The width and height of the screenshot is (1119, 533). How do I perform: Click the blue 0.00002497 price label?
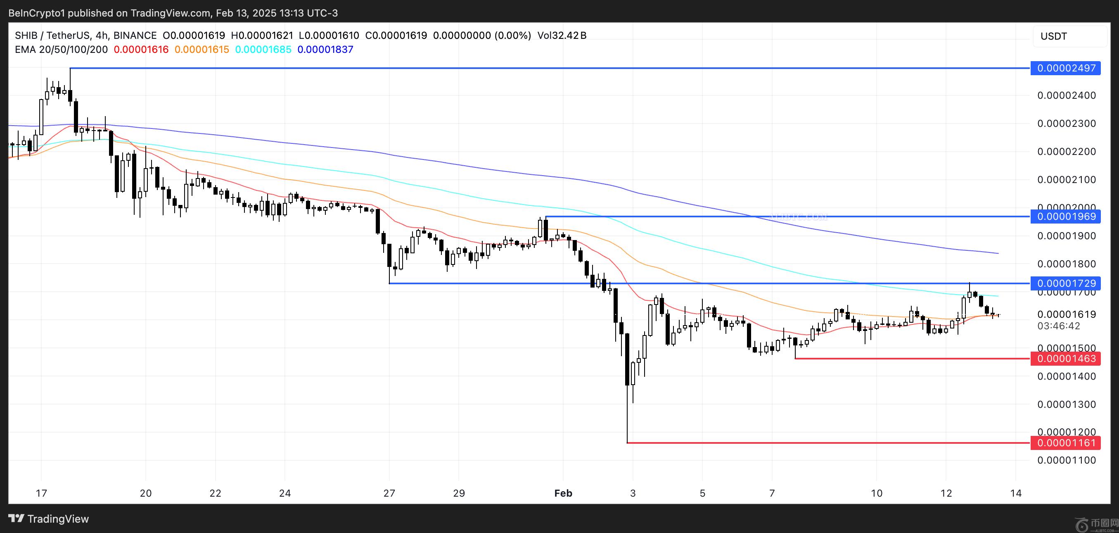1066,68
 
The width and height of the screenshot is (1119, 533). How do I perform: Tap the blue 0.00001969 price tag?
1066,217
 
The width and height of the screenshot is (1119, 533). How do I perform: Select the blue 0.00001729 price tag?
1066,283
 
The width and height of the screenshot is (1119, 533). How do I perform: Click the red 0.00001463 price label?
1066,359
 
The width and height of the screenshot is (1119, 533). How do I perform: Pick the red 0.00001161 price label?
1066,443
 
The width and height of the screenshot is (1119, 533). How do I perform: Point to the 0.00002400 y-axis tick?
1066,95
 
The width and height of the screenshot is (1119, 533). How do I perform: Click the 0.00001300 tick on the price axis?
1066,405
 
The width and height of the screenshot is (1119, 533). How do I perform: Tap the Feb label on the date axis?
563,493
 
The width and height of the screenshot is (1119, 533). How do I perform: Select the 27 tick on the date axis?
389,493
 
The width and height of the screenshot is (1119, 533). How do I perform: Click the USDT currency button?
1054,36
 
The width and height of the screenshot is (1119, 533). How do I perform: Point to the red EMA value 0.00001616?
141,50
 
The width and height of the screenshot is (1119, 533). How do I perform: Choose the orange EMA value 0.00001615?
202,50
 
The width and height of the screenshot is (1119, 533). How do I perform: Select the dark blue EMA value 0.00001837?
325,50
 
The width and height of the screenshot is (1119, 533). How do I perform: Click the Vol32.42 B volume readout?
562,36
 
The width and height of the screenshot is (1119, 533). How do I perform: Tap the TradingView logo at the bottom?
49,519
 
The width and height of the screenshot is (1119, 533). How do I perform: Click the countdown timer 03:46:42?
1059,326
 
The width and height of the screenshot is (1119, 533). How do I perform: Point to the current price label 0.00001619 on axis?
1066,314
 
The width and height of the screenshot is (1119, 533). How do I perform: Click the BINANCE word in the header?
135,36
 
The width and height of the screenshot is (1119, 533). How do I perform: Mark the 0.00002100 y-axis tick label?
1066,180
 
